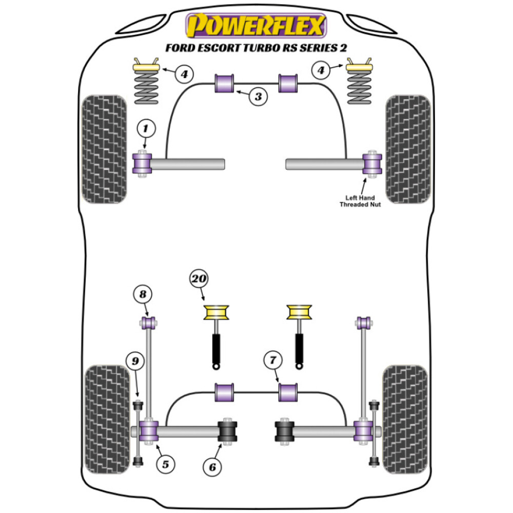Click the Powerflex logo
tap(256, 26)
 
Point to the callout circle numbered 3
tap(259, 96)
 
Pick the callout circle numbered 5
tap(165, 465)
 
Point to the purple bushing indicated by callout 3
tap(224, 83)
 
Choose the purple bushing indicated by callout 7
tap(289, 392)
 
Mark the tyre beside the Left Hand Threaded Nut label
tap(407, 149)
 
